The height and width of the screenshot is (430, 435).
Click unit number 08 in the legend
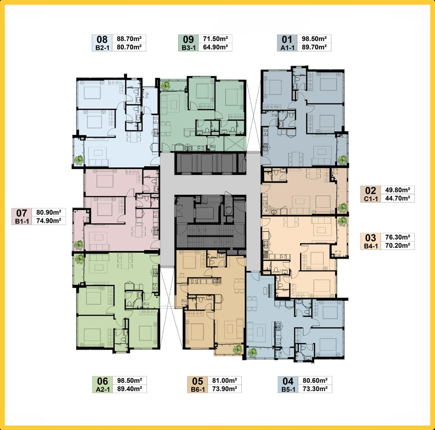[102, 39]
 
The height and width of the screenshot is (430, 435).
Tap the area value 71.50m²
[215, 39]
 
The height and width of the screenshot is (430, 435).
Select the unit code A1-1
[287, 48]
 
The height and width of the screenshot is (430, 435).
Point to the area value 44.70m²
[398, 198]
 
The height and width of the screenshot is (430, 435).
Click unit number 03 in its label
[371, 238]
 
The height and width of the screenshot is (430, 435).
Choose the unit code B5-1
[288, 389]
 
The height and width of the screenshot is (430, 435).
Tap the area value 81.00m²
[224, 380]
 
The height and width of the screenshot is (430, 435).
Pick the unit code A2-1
[103, 389]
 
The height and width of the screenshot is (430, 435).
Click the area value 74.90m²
[49, 221]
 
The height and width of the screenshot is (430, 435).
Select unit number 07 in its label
[21, 213]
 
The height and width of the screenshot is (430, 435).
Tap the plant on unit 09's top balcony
[166, 85]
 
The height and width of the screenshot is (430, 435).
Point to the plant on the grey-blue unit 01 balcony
[342, 159]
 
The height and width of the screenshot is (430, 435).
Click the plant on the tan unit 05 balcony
[238, 349]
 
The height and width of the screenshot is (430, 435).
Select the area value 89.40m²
[130, 388]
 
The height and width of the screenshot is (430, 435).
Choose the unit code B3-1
[188, 48]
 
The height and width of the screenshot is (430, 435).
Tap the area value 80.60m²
[315, 380]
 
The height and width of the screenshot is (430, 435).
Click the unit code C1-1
[371, 199]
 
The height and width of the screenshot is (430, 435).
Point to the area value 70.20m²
[398, 245]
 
